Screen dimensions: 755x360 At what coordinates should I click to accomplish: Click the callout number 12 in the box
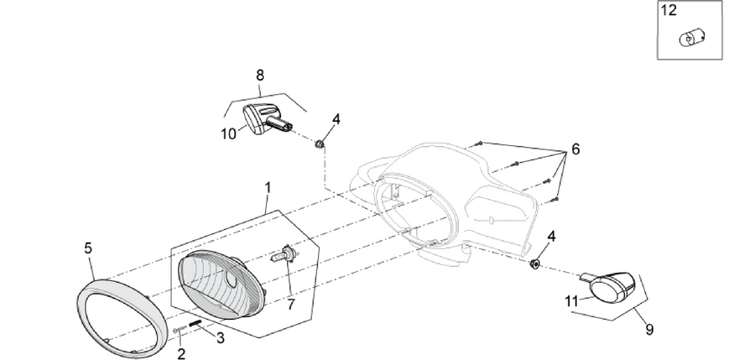click(669, 10)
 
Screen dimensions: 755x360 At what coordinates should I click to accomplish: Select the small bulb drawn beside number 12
click(691, 38)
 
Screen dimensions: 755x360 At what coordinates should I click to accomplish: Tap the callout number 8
click(260, 76)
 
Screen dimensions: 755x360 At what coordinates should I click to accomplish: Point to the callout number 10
click(229, 133)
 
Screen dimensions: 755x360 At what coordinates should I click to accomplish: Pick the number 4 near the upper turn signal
click(336, 119)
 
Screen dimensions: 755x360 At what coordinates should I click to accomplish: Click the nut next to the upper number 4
click(319, 143)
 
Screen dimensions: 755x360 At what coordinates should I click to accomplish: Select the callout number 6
click(575, 149)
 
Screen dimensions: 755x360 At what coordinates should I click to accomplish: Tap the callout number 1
click(268, 187)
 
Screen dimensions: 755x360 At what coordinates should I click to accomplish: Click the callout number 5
click(88, 248)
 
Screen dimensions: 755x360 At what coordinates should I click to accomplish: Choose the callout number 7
click(291, 304)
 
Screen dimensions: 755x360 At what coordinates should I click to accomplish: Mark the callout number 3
click(221, 338)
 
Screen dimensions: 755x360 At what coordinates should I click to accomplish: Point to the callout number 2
click(181, 354)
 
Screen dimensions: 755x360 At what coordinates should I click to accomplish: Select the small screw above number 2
click(180, 329)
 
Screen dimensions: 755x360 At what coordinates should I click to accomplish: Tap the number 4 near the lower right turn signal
click(551, 236)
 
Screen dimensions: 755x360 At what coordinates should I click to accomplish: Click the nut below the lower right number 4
click(534, 264)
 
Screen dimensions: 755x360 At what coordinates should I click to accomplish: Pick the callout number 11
click(571, 302)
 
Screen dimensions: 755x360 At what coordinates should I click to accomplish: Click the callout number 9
click(649, 330)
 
